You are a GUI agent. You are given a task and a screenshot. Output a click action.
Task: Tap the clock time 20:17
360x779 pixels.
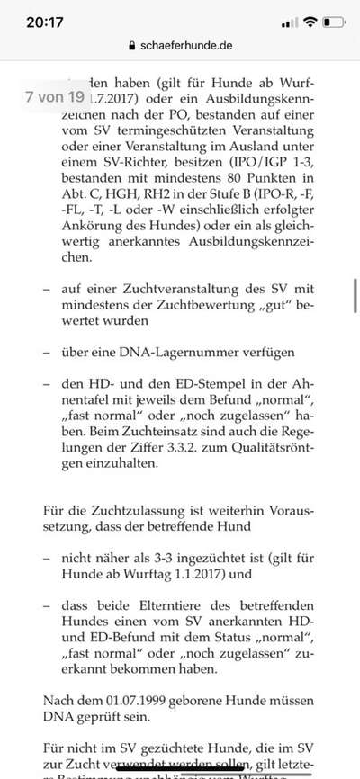(x=34, y=20)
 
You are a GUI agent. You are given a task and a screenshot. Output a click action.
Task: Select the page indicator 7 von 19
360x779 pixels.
(x=55, y=95)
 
